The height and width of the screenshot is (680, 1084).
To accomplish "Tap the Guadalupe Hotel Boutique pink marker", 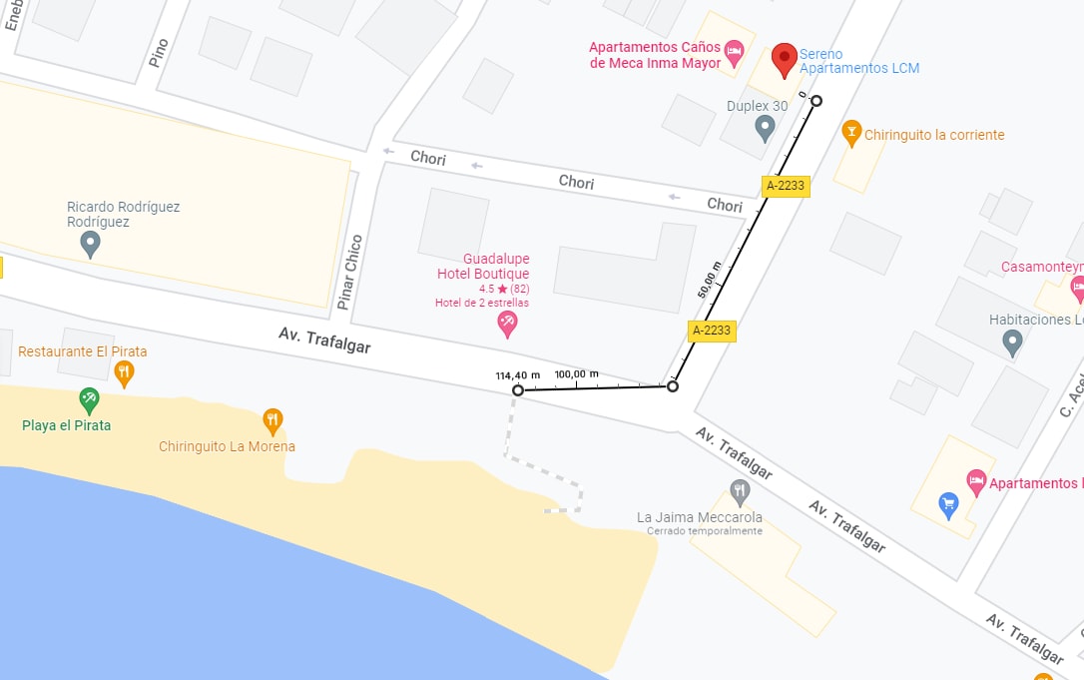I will [507, 324].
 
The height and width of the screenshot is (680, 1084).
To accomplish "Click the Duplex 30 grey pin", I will [765, 127].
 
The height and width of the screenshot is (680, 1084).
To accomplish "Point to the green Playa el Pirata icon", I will [90, 399].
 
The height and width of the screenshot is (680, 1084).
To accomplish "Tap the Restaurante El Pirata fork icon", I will [124, 373].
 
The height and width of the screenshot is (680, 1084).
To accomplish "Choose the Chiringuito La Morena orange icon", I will [271, 420].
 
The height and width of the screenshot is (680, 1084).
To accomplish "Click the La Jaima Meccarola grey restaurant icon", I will [739, 491].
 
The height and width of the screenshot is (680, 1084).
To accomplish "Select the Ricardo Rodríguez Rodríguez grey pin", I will [90, 243].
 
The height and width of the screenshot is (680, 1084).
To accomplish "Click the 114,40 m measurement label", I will [517, 375].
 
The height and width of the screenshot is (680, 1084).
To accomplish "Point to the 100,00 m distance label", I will [576, 373].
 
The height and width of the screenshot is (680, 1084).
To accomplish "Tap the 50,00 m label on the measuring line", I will [707, 280].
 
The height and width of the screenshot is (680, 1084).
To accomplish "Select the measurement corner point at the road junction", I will [673, 386].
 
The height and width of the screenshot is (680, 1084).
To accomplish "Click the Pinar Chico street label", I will [349, 273].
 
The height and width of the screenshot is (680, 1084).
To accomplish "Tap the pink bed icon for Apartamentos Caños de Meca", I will [735, 51].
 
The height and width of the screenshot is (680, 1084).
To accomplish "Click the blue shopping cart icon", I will [948, 504].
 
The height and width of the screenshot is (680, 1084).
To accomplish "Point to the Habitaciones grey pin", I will [1012, 343].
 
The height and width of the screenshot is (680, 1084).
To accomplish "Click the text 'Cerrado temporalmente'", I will [704, 531].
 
